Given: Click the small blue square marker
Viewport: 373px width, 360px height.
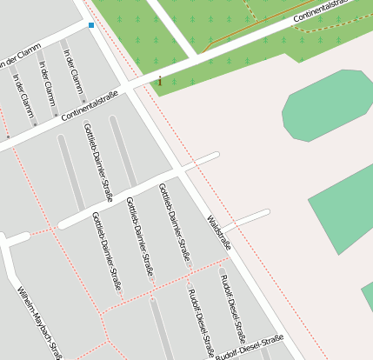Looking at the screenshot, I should [91, 26].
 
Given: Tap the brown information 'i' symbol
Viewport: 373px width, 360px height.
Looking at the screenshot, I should [160, 81].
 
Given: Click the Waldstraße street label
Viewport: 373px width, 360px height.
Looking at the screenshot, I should [219, 233].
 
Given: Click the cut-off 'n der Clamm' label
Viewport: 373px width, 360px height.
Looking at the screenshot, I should [19, 58].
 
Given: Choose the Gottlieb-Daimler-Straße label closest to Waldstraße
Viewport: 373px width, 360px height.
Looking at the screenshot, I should [174, 223].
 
